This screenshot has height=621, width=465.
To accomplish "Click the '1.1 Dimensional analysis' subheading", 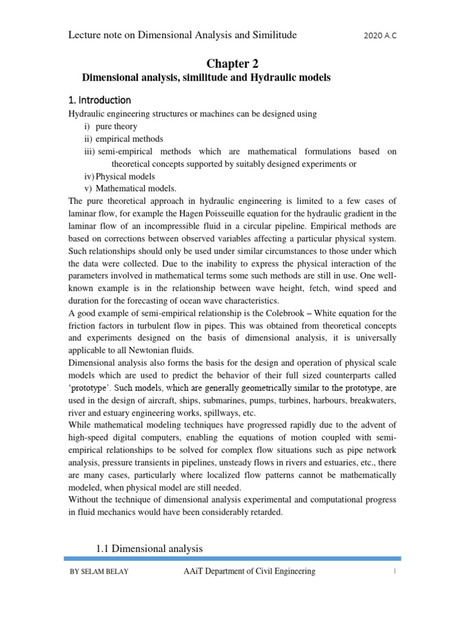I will (x=149, y=548).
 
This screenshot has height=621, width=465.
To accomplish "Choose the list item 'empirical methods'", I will (x=129, y=139).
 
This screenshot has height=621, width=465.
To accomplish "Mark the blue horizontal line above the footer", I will (x=233, y=559).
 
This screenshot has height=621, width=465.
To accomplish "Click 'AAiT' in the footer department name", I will (x=194, y=571).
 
